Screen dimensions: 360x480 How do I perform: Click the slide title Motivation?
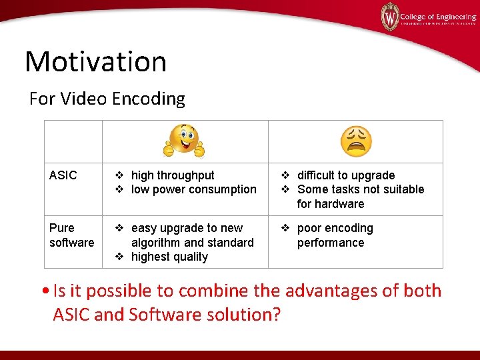point(95,61)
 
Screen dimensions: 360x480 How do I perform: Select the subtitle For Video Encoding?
point(107,99)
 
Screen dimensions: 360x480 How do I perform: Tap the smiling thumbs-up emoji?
point(184,141)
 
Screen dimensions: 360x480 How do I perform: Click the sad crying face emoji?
point(355,141)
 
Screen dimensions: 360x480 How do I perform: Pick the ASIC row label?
point(63,175)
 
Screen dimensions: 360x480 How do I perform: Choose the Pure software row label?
point(71,235)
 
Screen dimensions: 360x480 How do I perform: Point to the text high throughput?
point(173,175)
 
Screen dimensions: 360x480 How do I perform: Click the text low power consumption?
point(193,189)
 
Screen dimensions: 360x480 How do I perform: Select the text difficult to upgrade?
point(345,175)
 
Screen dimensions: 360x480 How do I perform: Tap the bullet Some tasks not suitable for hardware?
point(360,196)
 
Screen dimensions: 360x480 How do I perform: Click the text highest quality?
point(169,257)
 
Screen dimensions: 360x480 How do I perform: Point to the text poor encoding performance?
point(335,235)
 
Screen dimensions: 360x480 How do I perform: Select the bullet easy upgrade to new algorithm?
point(192,235)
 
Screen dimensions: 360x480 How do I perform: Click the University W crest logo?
point(389,16)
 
